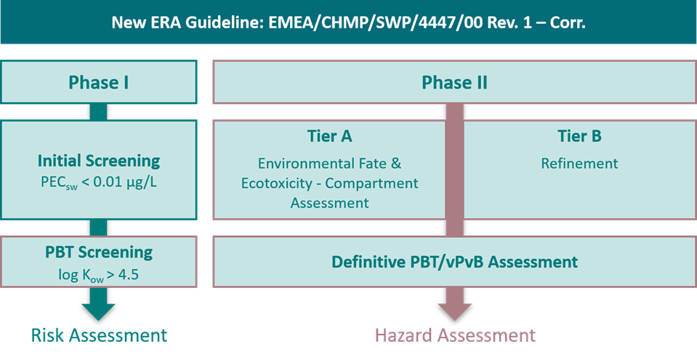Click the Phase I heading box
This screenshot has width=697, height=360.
click(98, 82)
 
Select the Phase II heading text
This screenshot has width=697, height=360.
click(455, 82)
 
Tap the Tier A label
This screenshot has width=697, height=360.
click(329, 137)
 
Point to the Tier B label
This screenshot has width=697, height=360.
click(580, 137)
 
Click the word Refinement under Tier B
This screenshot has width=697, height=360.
click(580, 164)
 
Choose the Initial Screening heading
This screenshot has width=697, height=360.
click(99, 161)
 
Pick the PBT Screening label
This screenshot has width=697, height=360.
click(99, 252)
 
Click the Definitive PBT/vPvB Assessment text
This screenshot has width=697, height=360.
click(455, 262)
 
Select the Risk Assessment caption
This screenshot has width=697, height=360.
click(99, 335)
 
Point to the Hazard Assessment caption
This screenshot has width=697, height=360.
click(455, 335)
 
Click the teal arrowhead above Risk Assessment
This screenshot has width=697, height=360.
click(98, 311)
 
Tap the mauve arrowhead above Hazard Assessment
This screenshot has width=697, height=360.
click(455, 311)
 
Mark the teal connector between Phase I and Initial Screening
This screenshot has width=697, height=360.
click(98, 112)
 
